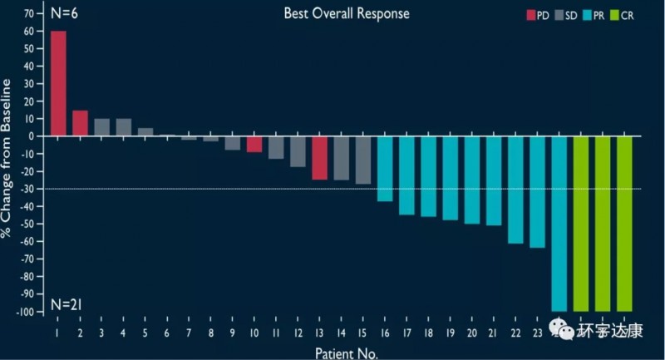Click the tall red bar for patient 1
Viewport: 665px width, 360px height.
coord(58,83)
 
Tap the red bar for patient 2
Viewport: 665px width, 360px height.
coord(80,123)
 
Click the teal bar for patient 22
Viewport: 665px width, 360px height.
coord(515,190)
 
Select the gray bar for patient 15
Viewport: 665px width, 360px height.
coord(363,160)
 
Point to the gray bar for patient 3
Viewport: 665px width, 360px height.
coord(101,127)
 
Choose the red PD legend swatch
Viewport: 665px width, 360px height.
coord(531,15)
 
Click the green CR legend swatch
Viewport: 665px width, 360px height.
coord(614,15)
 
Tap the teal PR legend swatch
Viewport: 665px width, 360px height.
coord(588,15)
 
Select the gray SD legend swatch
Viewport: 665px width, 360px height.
coord(559,15)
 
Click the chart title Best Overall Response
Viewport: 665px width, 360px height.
coord(347,13)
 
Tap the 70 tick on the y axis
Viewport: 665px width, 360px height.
coord(29,14)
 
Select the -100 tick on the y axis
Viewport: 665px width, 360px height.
coord(24,312)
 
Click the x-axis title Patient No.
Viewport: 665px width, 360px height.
coord(346,353)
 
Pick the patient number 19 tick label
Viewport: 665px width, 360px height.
coord(450,333)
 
